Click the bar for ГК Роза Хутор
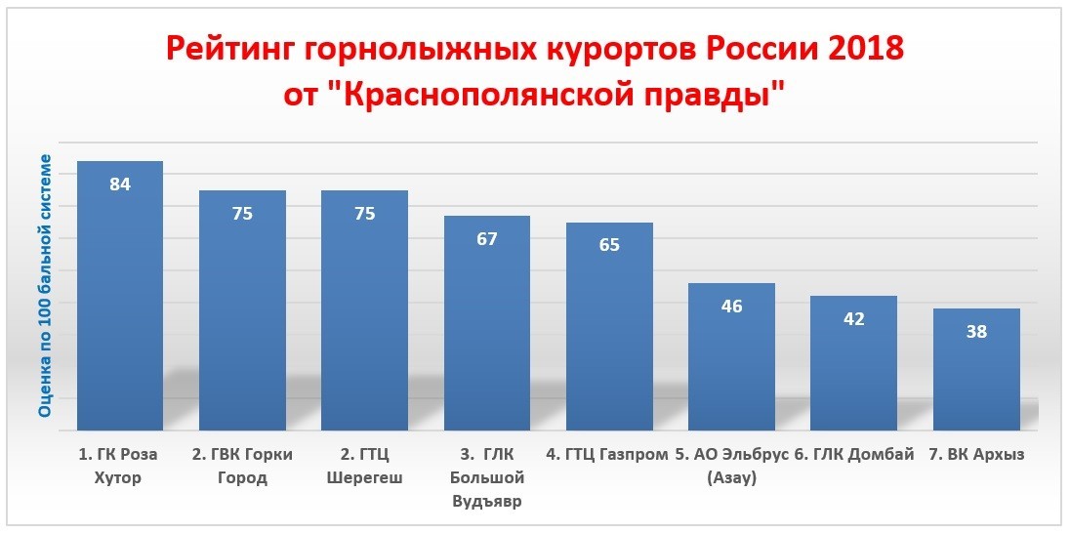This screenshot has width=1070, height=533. coord(120,296)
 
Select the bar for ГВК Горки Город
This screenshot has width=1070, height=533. coord(242,310)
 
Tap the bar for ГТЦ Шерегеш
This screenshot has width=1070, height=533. coord(364,310)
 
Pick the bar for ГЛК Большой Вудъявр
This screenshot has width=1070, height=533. coord(487,323)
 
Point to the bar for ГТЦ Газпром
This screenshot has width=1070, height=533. coord(609,326)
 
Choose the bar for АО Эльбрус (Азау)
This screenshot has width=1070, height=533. coord(731,356)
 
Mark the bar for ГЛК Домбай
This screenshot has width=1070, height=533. coord(853,363)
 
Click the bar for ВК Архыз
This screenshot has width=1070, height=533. coord(976,369)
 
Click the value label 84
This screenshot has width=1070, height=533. coord(120,184)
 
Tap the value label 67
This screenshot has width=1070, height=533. coord(487,239)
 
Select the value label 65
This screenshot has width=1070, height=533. coord(609,245)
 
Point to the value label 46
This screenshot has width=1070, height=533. coord(731,306)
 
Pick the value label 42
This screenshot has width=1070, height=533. coord(853,318)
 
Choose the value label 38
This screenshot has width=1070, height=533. coord(976,332)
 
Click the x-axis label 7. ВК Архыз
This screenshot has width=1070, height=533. coord(976,456)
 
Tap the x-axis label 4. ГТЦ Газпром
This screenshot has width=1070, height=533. coord(607,455)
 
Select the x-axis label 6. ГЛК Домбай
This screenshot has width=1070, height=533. coord(853,455)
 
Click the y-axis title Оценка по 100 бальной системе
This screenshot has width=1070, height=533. coord(45,285)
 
